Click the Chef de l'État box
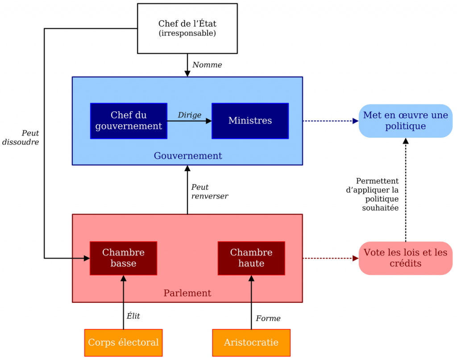coord(187,28)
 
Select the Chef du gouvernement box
coord(129,121)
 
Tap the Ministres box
coord(250,121)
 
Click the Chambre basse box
coord(123,258)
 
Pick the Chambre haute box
coord(251,258)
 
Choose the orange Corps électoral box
coord(123,343)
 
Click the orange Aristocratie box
coord(251,343)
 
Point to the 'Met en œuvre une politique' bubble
coord(405,121)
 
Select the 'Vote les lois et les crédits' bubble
coord(405,258)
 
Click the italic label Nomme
coord(207,65)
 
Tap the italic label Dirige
coord(190,115)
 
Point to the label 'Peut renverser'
coord(209,192)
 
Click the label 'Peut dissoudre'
coord(21,138)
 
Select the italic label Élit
coord(133,316)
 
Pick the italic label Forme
coord(268,318)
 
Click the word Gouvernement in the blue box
coord(188,156)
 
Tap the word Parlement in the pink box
coord(187,293)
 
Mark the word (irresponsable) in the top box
coord(187,33)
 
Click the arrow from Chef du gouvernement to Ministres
coord(189,121)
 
